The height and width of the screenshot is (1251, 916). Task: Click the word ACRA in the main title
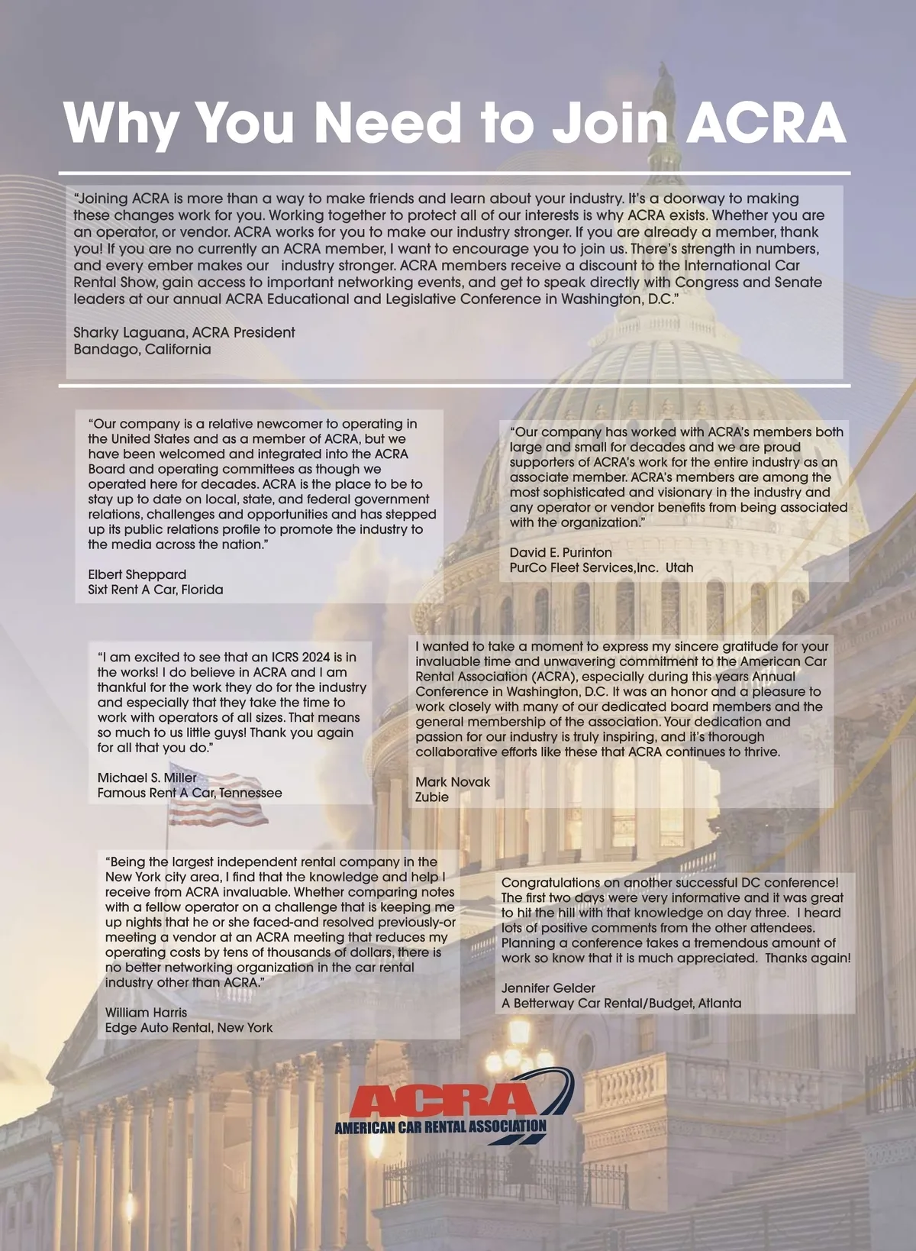766,122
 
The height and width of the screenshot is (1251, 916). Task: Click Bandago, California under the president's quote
142,349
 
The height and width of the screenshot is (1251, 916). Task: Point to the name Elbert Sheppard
137,574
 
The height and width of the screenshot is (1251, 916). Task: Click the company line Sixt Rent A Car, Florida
156,590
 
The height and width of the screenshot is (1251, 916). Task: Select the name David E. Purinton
560,552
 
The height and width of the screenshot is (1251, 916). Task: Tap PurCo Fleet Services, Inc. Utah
602,567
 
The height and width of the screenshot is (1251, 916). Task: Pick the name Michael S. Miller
147,777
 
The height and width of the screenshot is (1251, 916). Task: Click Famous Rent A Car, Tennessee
189,793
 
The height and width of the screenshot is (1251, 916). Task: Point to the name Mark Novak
453,781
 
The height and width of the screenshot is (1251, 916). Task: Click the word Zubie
432,797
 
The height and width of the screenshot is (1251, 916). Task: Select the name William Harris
146,1012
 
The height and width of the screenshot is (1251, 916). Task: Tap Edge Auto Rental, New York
189,1027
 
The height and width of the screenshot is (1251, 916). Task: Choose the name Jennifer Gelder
548,988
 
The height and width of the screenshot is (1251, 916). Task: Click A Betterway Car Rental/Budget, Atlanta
621,1003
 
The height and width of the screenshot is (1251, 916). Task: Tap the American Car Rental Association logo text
440,1127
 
